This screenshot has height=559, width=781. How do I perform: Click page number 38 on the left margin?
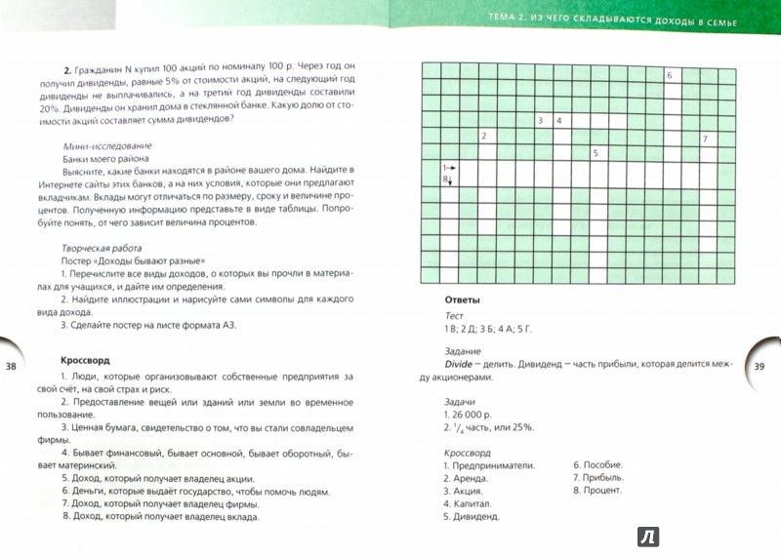click(x=12, y=366)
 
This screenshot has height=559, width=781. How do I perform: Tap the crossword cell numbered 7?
click(x=705, y=139)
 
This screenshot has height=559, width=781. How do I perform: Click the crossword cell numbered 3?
click(x=540, y=121)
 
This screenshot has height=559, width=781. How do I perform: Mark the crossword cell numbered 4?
click(x=557, y=121)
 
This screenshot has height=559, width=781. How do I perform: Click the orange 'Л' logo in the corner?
click(x=647, y=535)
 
